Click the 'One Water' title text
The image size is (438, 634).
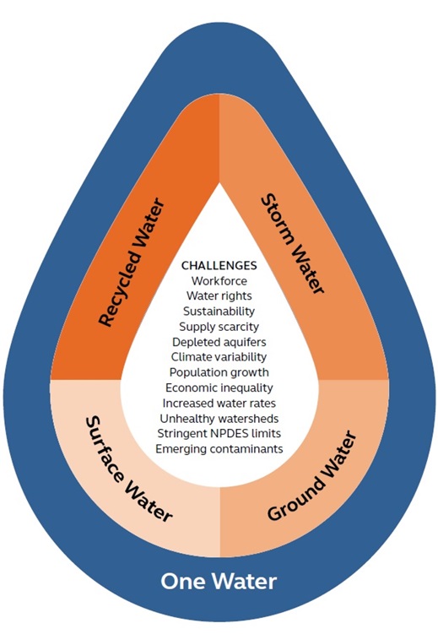pos(219,582)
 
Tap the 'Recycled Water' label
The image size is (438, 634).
pos(132,263)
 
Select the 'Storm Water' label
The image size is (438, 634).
pos(293,244)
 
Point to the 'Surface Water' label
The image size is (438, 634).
pos(129,469)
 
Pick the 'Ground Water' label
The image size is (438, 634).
pos(312,476)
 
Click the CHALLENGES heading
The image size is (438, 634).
pos(219,265)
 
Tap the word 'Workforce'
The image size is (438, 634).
pos(219,280)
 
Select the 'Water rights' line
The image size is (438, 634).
pos(219,296)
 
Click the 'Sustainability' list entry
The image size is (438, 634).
pos(219,312)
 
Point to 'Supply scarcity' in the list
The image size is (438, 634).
pos(219,327)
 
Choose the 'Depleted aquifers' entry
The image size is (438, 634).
pos(219,342)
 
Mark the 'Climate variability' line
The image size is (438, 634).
pos(219,357)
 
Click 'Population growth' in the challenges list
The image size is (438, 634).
pos(219,372)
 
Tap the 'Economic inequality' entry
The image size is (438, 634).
pos(219,387)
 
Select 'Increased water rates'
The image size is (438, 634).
pos(219,404)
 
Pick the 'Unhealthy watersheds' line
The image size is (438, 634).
pos(219,419)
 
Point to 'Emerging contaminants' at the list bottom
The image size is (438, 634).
pos(219,449)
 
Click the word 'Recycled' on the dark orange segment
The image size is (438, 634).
pos(116,293)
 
